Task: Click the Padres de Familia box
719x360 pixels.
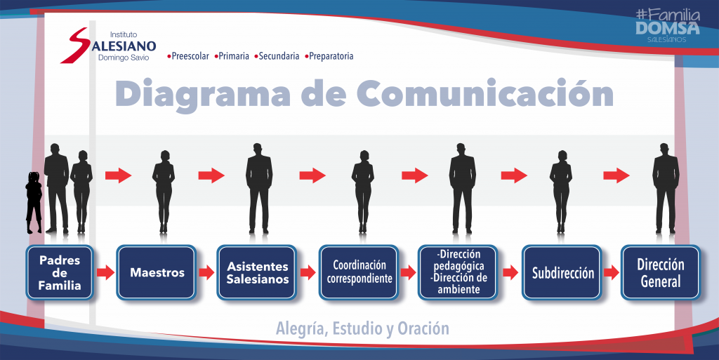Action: (x=60, y=272)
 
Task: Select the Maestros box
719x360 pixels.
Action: (x=157, y=272)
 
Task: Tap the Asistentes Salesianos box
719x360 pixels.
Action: (x=257, y=272)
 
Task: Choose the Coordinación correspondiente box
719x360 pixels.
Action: (x=359, y=272)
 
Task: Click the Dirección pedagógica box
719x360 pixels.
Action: (x=458, y=272)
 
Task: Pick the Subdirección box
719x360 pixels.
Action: (x=562, y=272)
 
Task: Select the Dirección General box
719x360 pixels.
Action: (x=661, y=272)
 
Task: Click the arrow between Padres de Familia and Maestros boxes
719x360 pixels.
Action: (x=105, y=272)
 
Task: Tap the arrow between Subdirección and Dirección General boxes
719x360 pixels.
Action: (x=612, y=272)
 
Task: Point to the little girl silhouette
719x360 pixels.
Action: (x=34, y=202)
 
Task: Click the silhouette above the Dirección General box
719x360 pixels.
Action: (x=666, y=188)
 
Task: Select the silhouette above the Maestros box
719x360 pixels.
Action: (x=163, y=192)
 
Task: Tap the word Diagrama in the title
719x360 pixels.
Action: (x=203, y=95)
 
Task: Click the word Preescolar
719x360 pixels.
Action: (x=190, y=56)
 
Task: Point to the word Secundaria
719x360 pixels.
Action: (x=279, y=56)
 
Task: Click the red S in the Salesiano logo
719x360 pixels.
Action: (x=75, y=45)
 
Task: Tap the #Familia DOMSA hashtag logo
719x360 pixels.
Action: (x=668, y=26)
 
